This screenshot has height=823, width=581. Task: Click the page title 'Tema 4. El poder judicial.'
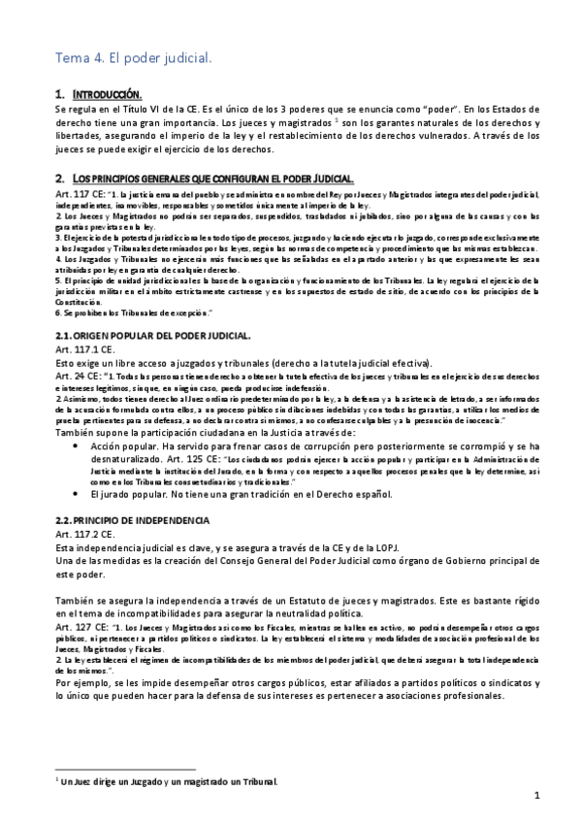134,59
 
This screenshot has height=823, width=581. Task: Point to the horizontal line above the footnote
127,768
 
